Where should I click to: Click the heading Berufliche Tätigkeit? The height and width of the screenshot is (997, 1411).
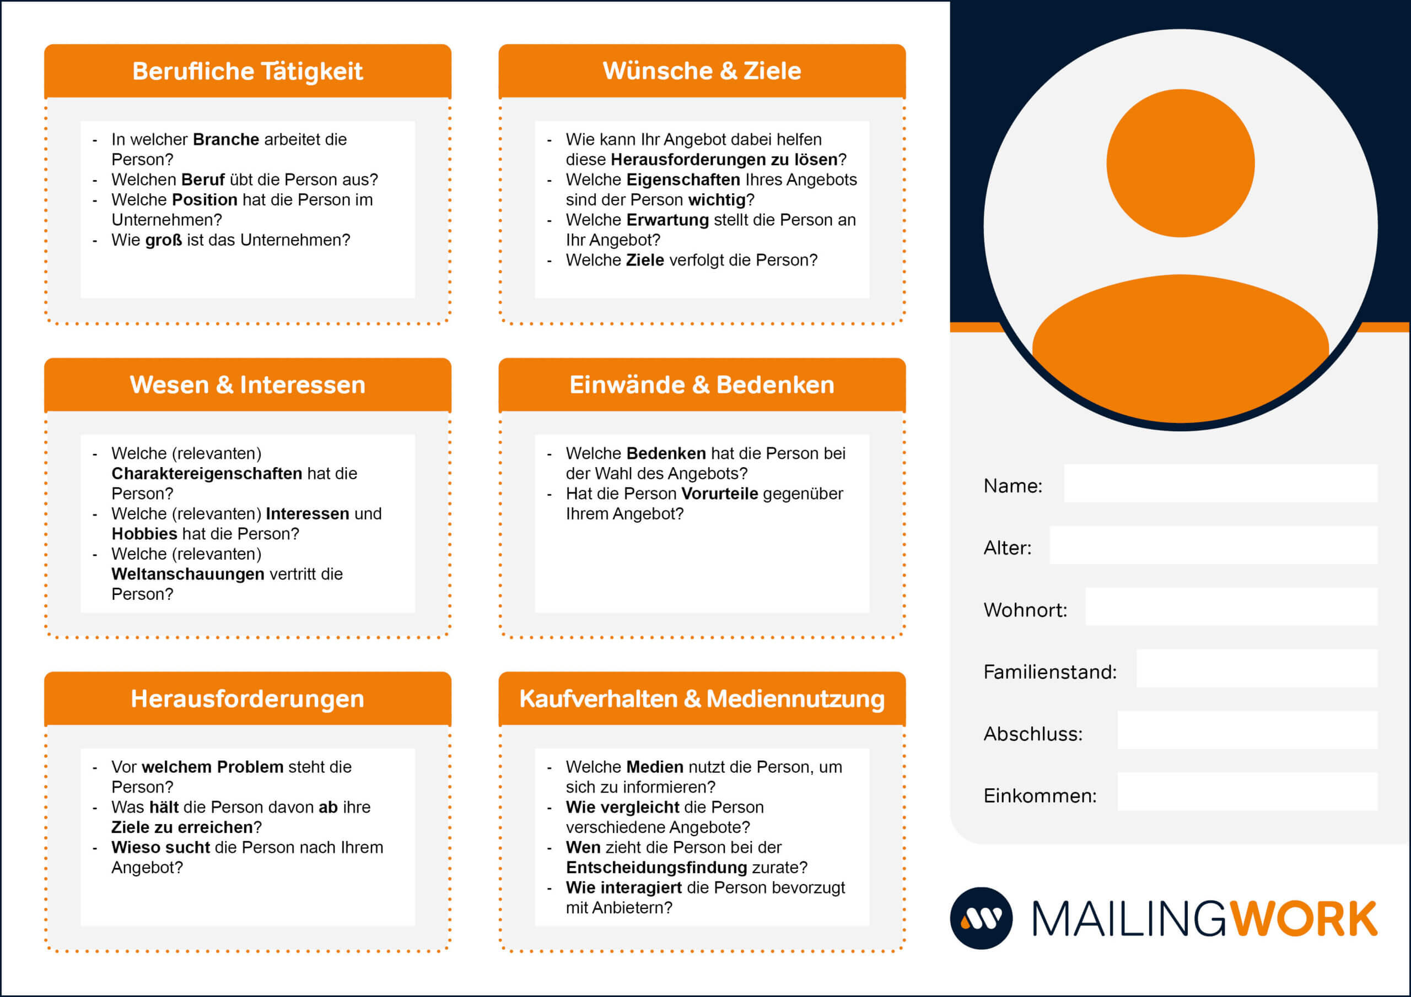pyautogui.click(x=247, y=71)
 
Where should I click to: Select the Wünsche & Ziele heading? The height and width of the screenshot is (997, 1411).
pyautogui.click(x=702, y=71)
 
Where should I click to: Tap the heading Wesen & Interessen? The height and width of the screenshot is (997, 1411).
pyautogui.click(x=247, y=384)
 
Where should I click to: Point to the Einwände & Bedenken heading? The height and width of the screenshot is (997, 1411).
pyautogui.click(x=702, y=384)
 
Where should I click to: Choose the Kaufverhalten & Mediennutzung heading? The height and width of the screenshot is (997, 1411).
pyautogui.click(x=702, y=699)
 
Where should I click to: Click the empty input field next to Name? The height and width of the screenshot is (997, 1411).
pyautogui.click(x=1220, y=484)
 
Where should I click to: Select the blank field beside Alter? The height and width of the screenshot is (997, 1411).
pyautogui.click(x=1213, y=545)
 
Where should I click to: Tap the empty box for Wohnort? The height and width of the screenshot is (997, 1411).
pyautogui.click(x=1231, y=607)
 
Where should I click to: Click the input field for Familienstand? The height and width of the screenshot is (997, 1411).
pyautogui.click(x=1257, y=668)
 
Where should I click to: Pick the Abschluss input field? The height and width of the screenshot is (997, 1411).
pyautogui.click(x=1247, y=730)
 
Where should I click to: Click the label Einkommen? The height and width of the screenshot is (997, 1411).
pyautogui.click(x=1040, y=795)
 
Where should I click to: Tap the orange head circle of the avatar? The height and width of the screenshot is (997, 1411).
pyautogui.click(x=1181, y=163)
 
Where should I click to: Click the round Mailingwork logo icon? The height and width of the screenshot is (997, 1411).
pyautogui.click(x=982, y=918)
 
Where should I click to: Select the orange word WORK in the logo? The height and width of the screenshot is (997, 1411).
pyautogui.click(x=1303, y=919)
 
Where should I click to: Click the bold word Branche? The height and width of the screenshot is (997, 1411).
pyautogui.click(x=226, y=139)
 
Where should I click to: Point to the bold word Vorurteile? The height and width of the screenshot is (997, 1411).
pyautogui.click(x=720, y=494)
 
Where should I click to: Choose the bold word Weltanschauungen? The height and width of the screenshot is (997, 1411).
pyautogui.click(x=188, y=574)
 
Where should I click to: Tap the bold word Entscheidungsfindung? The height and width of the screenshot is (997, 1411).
pyautogui.click(x=656, y=868)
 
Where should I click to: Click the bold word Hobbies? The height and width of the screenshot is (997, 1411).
pyautogui.click(x=144, y=534)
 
